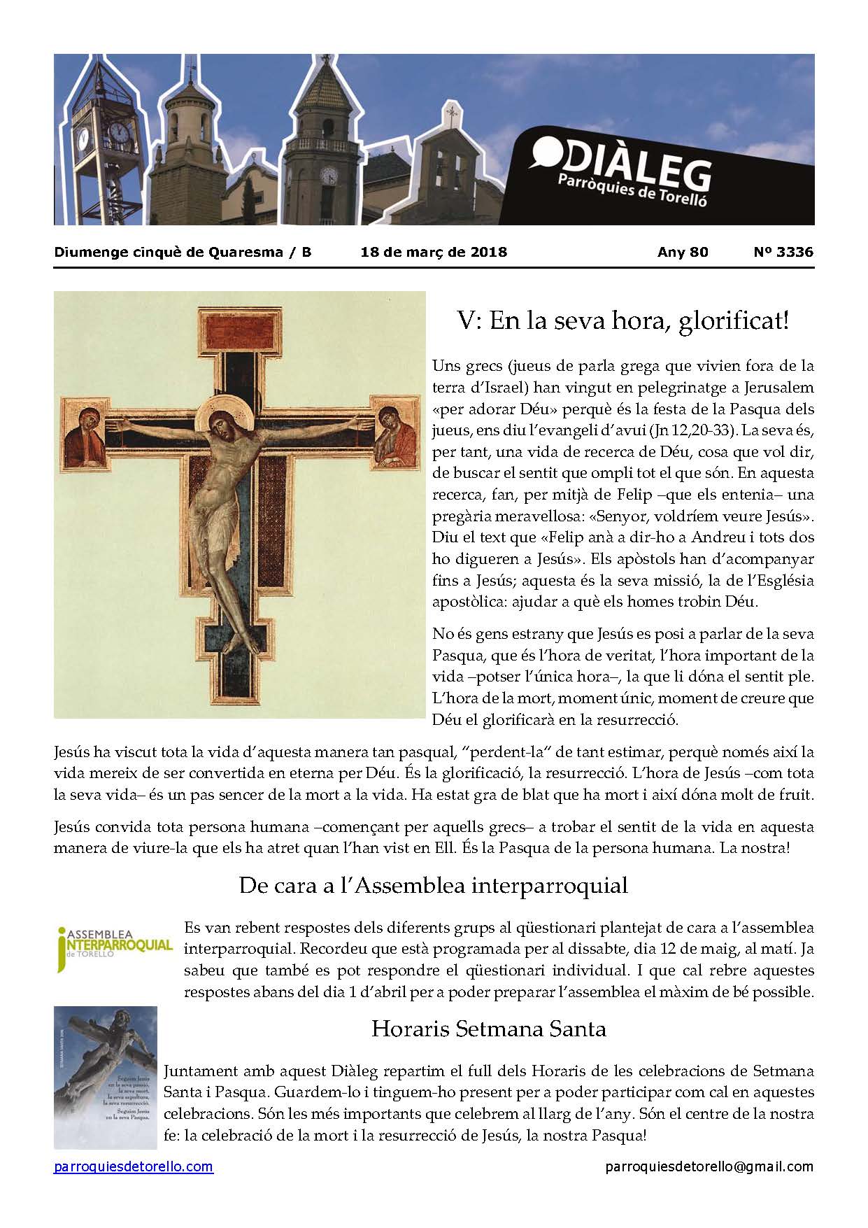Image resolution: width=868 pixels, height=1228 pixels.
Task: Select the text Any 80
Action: (683, 252)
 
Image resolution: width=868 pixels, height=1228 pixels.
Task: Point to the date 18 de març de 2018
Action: (434, 252)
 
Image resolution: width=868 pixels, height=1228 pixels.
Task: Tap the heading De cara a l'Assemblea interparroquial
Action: (433, 885)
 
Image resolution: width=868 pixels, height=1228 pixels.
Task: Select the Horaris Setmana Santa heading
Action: (488, 1029)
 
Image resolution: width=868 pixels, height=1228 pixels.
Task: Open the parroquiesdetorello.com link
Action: (134, 1166)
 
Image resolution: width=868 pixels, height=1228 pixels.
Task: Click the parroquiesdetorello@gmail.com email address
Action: (709, 1166)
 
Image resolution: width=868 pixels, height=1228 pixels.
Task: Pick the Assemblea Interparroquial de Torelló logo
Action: (114, 950)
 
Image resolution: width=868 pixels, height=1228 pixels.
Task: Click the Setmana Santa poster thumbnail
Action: (106, 1078)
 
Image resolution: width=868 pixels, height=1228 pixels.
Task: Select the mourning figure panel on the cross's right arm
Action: (394, 433)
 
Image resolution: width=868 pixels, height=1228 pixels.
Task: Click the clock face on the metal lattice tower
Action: (119, 132)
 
